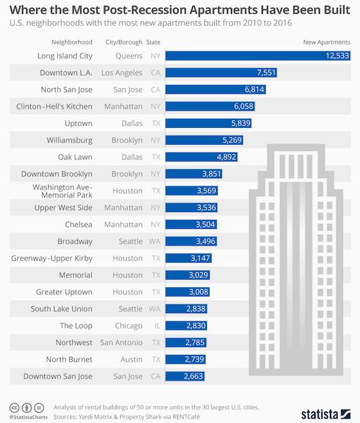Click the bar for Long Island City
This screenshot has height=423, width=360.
(257, 56)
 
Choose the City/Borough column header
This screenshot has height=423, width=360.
(123, 42)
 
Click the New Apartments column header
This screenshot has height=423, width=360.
(327, 42)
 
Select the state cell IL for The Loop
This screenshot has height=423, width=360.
(156, 326)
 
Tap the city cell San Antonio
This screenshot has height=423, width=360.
(121, 343)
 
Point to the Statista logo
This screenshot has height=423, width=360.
(325, 411)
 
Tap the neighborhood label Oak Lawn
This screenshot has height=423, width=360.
(75, 156)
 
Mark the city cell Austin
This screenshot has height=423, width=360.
(132, 359)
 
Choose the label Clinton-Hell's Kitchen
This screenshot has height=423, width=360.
(55, 106)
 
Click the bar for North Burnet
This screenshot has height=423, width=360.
(185, 359)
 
